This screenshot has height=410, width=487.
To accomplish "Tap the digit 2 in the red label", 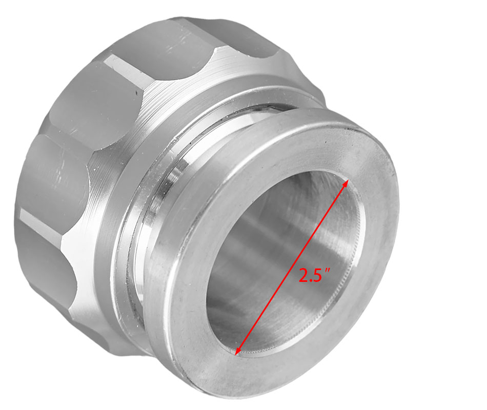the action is click(304, 275).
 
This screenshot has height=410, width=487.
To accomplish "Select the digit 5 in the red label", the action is click(317, 275).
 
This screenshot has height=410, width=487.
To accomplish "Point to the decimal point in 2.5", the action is click(310, 281).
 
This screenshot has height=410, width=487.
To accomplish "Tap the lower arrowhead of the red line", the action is click(238, 351).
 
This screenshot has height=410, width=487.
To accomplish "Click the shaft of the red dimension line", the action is click(292, 267).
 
